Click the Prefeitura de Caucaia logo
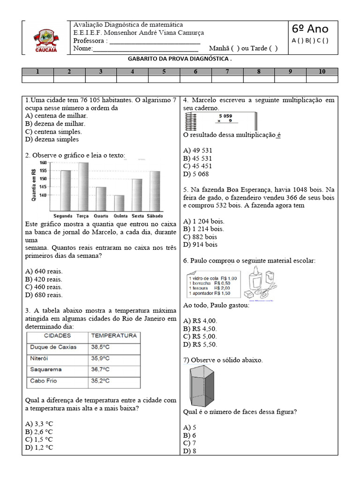(45, 39)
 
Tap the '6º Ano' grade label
(310, 29)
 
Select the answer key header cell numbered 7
(227, 72)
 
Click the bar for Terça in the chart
(84, 187)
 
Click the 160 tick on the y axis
(43, 163)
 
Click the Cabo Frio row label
(44, 381)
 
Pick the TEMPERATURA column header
(114, 336)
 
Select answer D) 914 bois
(201, 244)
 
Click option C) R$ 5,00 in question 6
(200, 336)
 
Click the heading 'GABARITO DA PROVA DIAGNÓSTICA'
(180, 60)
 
